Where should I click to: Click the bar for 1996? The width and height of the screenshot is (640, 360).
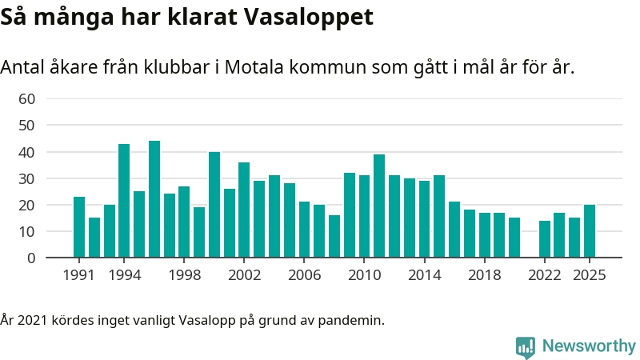(x=154, y=199)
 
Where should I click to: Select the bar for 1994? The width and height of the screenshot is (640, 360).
(x=124, y=201)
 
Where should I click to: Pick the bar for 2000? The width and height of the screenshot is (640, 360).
(x=214, y=205)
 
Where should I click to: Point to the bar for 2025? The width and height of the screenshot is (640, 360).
(x=590, y=231)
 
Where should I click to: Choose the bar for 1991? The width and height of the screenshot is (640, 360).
(x=79, y=227)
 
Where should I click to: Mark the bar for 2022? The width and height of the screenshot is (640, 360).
(x=545, y=239)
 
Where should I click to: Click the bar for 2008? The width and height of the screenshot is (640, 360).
(x=334, y=236)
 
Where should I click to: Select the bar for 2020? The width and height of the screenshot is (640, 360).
(x=514, y=238)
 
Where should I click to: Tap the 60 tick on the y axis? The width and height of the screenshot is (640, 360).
(x=27, y=99)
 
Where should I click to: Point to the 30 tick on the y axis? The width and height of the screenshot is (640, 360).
(x=27, y=178)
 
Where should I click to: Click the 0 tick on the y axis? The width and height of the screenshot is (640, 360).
(x=31, y=258)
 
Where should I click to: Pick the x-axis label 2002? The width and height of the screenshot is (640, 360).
(x=245, y=274)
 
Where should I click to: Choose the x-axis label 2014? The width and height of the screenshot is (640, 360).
(x=425, y=274)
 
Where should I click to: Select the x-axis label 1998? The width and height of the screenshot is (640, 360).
(x=184, y=274)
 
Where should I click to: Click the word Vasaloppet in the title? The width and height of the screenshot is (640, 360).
(x=311, y=17)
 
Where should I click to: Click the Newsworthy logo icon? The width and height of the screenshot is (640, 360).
(x=526, y=346)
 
